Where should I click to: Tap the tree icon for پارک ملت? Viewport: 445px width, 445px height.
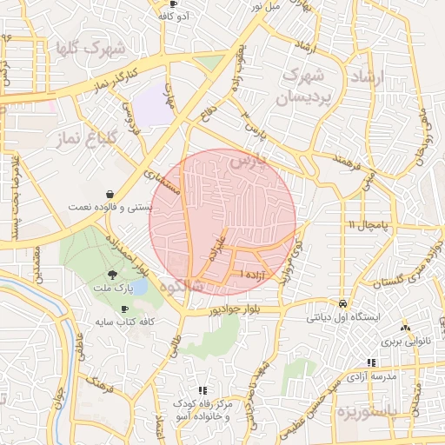click(x=110, y=274)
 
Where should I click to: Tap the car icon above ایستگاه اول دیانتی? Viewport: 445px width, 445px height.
click(x=344, y=304)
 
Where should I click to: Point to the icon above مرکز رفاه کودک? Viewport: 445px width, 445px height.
click(x=202, y=391)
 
